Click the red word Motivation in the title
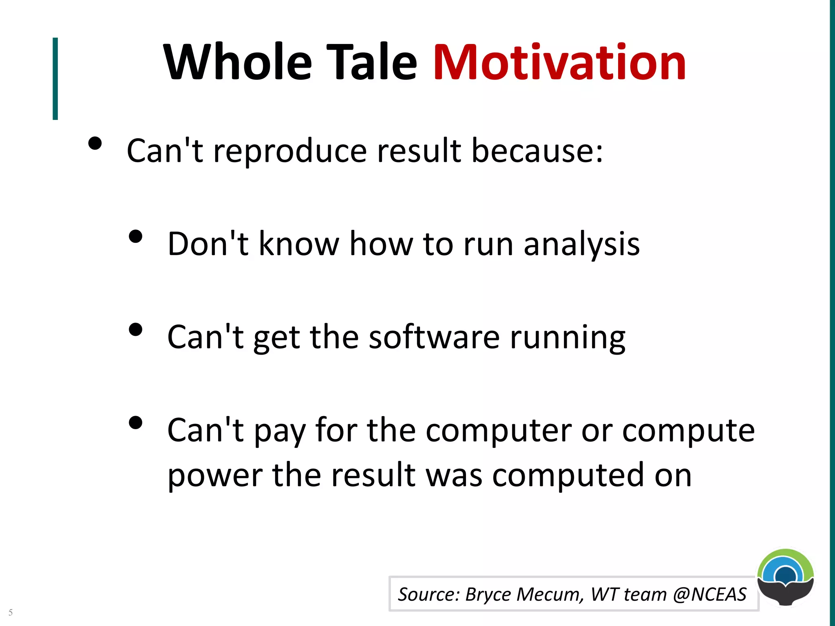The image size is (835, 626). coord(559,63)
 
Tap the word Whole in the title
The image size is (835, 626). coord(237,63)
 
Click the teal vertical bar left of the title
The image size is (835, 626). coord(55,79)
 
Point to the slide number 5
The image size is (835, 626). coord(11,612)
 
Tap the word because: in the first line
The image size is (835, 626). coord(537,151)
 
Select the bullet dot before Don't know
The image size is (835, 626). coord(135,237)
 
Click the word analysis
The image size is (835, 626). coord(581,245)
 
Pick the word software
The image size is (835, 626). coord(434,337)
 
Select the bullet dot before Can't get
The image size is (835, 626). coord(135,329)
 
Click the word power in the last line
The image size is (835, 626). coord(215,476)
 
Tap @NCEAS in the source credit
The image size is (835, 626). coord(709,595)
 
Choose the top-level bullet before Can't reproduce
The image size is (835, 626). coord(95,143)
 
